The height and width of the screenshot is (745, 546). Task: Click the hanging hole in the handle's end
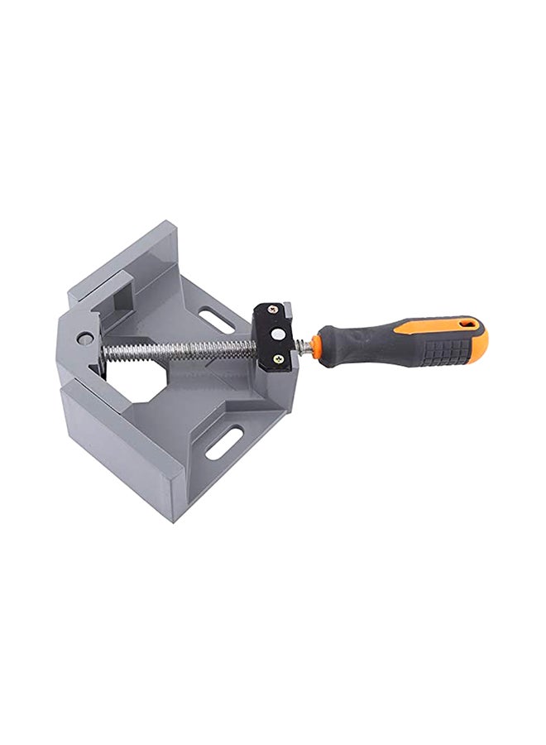point(471,322)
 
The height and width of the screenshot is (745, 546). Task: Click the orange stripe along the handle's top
point(430,326)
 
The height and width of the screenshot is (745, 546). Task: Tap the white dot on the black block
point(279,333)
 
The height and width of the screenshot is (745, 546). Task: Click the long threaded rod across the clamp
point(182,350)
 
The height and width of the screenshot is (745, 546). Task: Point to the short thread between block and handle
point(304,348)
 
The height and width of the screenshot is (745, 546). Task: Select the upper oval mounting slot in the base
point(216,320)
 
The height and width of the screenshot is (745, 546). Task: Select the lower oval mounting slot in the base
point(224,443)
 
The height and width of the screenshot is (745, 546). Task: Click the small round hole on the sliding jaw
point(85,338)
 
